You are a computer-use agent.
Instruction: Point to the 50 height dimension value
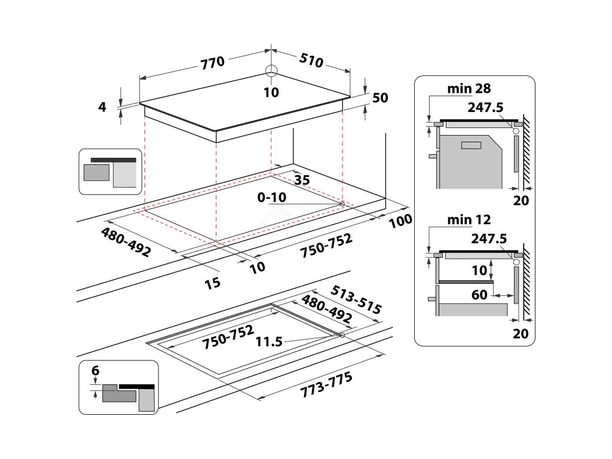coord(380,98)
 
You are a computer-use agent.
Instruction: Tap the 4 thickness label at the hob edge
coord(102,107)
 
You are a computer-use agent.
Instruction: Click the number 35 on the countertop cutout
coord(302,179)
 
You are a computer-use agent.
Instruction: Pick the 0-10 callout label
coord(273,198)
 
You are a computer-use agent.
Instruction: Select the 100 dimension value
coord(400,221)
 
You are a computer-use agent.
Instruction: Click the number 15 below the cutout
coord(212,282)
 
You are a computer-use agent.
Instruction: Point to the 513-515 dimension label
coord(356,299)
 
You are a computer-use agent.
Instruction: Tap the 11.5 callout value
coord(269,342)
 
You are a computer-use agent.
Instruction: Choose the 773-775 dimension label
coord(326,384)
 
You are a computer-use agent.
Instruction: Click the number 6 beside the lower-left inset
coord(94,371)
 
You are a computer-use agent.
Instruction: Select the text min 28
coord(469,88)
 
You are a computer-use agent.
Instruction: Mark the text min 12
coord(469,220)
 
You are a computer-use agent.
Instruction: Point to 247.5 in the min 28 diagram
coord(487,107)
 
